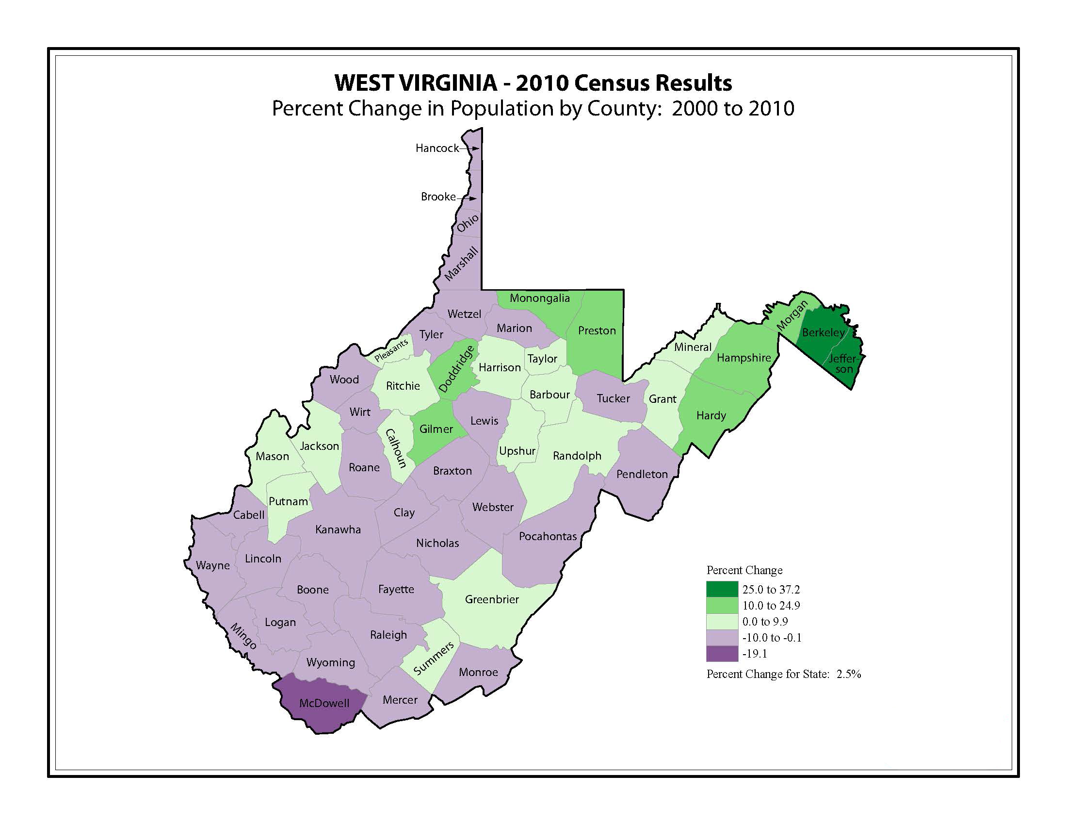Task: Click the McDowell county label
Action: pos(324,703)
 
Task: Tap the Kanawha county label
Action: pos(338,529)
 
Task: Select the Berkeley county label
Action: pos(823,332)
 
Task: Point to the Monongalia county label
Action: pos(539,298)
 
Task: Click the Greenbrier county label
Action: pos(491,599)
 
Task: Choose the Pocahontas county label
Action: pos(548,536)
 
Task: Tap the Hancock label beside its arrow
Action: pos(437,148)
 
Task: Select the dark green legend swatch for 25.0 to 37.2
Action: pos(722,590)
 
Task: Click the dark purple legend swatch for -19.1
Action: pos(722,654)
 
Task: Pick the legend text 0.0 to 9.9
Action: pos(765,622)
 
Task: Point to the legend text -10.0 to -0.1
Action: pos(772,638)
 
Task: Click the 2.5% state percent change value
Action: pos(849,675)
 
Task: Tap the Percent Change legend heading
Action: pos(744,570)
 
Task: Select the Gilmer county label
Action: pos(436,429)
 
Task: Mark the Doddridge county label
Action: pos(457,369)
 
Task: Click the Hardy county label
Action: pos(711,415)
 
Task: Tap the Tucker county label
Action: pos(613,398)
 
